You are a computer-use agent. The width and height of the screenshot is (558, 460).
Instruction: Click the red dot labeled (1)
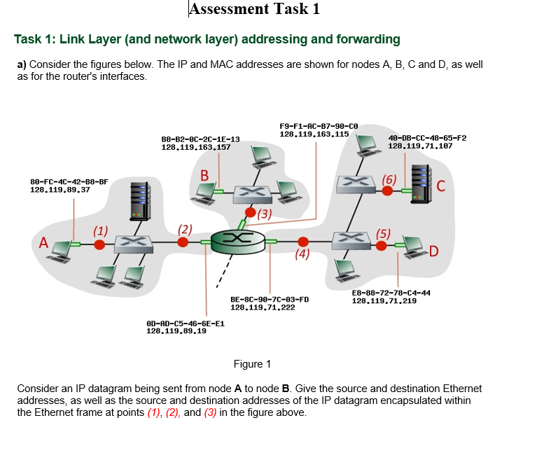pyautogui.click(x=99, y=244)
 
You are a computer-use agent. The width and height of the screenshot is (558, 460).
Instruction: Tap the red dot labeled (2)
pyautogui.click(x=183, y=242)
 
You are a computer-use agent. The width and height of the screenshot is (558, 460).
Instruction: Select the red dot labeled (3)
pyautogui.click(x=250, y=212)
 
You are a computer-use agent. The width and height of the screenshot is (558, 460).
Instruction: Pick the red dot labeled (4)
pyautogui.click(x=303, y=242)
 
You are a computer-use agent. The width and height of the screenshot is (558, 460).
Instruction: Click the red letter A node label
pyautogui.click(x=43, y=244)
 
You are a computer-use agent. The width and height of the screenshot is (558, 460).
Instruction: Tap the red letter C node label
pyautogui.click(x=440, y=186)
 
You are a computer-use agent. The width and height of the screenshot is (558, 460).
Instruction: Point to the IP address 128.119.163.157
pyautogui.click(x=196, y=147)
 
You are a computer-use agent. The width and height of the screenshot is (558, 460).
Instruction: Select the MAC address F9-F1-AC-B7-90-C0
pyautogui.click(x=319, y=125)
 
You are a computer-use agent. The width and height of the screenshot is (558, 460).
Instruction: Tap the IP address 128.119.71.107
pyautogui.click(x=420, y=146)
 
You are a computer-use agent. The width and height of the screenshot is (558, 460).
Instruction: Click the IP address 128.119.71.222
pyautogui.click(x=263, y=307)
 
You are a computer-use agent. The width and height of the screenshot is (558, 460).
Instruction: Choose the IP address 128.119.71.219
pyautogui.click(x=384, y=300)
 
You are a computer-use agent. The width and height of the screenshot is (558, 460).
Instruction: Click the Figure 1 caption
pyautogui.click(x=252, y=364)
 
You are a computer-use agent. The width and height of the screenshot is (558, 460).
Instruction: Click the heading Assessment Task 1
pyautogui.click(x=255, y=9)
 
